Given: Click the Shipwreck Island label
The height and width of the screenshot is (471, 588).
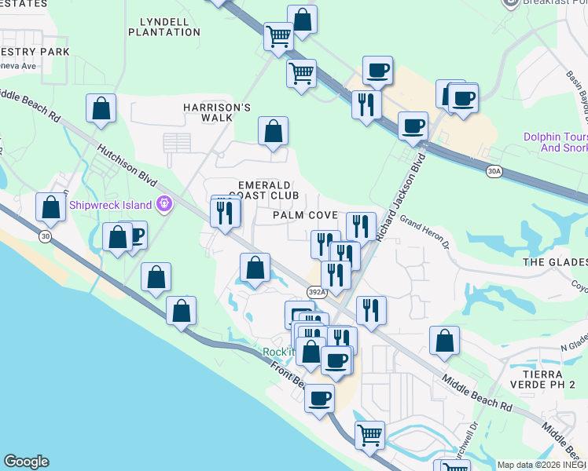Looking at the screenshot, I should pos(112,206).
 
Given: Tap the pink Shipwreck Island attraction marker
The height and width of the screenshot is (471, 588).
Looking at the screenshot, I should pos(164,205).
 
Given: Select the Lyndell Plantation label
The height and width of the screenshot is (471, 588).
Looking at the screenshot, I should pos(164,26).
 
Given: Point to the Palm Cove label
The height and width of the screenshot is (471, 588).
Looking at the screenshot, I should pos(305,215).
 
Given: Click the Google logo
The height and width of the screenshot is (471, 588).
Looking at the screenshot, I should pos(26,462).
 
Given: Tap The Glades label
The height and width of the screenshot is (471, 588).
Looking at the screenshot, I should pos(555,262).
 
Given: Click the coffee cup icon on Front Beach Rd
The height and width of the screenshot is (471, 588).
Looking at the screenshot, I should pos(319,397).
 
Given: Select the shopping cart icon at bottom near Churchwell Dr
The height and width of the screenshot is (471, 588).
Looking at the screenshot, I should pos(369,433).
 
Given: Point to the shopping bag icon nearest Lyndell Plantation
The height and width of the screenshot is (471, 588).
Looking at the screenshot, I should pos(302,19).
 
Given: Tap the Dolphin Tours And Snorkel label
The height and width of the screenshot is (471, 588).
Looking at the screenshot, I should pos(555,142).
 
